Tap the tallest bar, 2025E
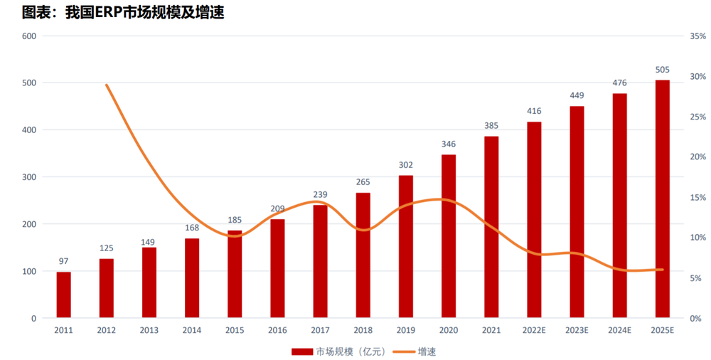pyautogui.click(x=662, y=198)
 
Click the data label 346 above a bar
pyautogui.click(x=448, y=144)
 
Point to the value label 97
pyautogui.click(x=64, y=262)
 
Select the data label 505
pyautogui.click(x=662, y=70)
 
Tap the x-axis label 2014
pyautogui.click(x=192, y=330)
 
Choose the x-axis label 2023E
pyautogui.click(x=577, y=330)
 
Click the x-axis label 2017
pyautogui.click(x=320, y=330)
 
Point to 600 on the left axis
pyautogui.click(x=29, y=36)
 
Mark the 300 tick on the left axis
pyautogui.click(x=29, y=176)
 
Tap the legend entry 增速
pyautogui.click(x=427, y=351)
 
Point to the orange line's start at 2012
pyautogui.click(x=107, y=85)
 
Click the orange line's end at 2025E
pyautogui.click(x=662, y=270)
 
